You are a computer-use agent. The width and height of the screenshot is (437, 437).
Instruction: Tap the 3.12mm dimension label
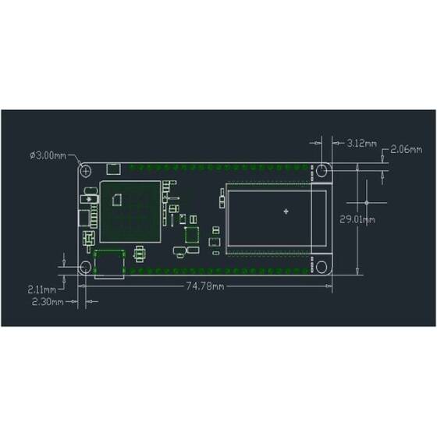click(x=361, y=144)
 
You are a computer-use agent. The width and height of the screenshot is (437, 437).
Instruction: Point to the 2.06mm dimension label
click(x=407, y=148)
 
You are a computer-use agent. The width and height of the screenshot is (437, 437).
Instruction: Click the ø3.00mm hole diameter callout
click(x=48, y=155)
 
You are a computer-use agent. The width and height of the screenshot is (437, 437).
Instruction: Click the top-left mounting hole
click(x=86, y=170)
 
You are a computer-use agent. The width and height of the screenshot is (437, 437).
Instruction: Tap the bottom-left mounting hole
click(x=86, y=267)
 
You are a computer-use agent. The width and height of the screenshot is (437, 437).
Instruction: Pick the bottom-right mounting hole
click(x=321, y=267)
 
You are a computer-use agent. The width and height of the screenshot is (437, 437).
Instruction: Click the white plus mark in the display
click(x=286, y=211)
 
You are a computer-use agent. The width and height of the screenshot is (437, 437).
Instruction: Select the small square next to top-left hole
click(x=112, y=169)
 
